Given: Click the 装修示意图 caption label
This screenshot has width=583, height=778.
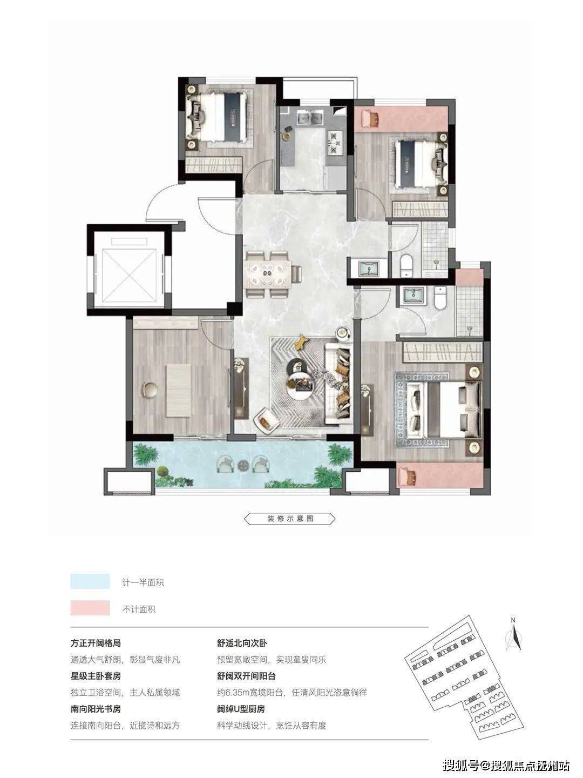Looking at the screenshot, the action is tap(290, 519).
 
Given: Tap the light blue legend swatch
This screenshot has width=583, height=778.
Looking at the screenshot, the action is tap(90, 582).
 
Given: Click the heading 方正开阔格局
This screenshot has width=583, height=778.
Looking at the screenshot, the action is tap(96, 643).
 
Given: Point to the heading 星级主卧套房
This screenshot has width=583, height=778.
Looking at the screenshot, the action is tap(96, 676).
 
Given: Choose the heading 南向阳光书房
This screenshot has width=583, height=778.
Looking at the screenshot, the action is tap(96, 709).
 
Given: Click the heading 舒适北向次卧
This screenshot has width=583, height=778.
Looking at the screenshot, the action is tap(242, 643).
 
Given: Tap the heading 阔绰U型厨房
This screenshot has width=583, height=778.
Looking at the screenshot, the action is tap(241, 709).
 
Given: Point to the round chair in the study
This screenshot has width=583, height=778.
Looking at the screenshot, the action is tap(151, 390).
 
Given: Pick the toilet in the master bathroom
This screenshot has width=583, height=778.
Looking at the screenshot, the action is tap(440, 299).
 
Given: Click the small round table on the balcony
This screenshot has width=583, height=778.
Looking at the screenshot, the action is tap(243, 465).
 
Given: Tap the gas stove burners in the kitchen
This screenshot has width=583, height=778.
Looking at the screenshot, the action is tap(334, 143).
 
